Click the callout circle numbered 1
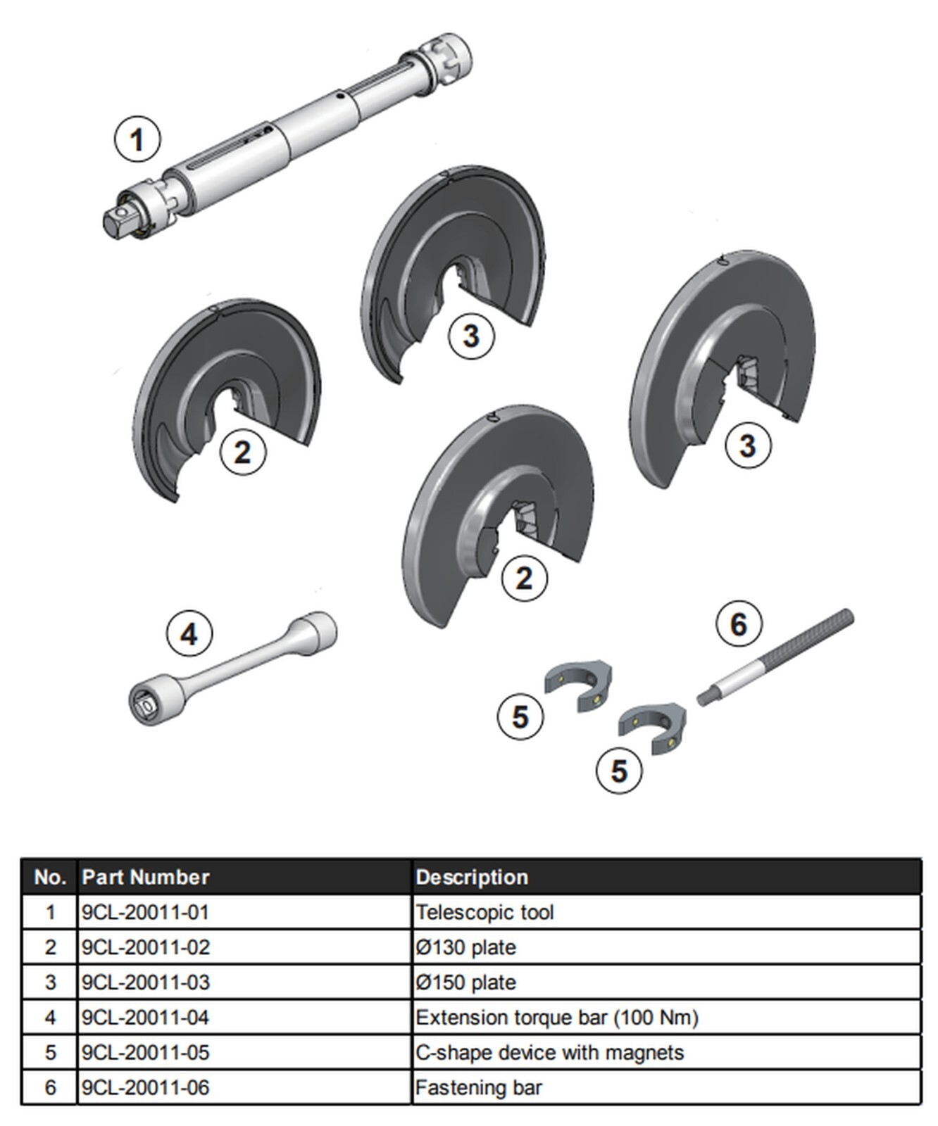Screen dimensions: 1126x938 point(137,139)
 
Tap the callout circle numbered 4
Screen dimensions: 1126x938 point(189,634)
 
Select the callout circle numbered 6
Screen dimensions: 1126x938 point(738,624)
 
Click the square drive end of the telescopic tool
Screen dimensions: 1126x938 point(117,221)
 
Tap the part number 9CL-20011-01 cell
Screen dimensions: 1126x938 point(146,912)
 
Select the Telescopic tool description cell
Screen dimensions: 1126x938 point(484,912)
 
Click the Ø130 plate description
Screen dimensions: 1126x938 point(465,947)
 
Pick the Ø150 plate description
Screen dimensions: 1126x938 point(465,982)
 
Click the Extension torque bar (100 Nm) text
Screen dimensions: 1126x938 point(556,1018)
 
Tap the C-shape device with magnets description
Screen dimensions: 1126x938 point(549,1053)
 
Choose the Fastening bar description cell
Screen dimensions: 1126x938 point(479,1088)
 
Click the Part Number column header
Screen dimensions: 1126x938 point(146,877)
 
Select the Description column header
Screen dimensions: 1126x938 point(472,877)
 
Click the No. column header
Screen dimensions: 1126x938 point(50,877)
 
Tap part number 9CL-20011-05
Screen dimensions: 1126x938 point(146,1053)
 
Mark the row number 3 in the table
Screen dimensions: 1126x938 point(50,982)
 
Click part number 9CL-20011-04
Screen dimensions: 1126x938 point(146,1018)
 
